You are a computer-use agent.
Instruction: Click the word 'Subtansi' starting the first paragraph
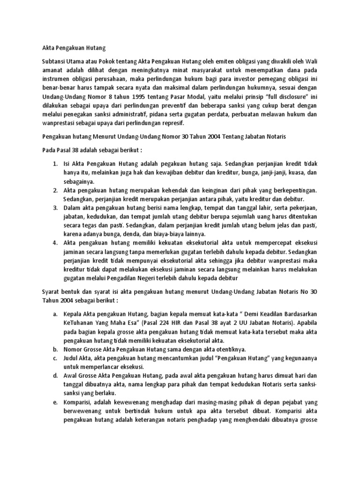pyautogui.click(x=55, y=61)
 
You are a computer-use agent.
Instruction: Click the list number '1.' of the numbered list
pyautogui.click(x=55, y=164)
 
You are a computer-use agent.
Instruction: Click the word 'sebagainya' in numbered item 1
pyautogui.click(x=79, y=182)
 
